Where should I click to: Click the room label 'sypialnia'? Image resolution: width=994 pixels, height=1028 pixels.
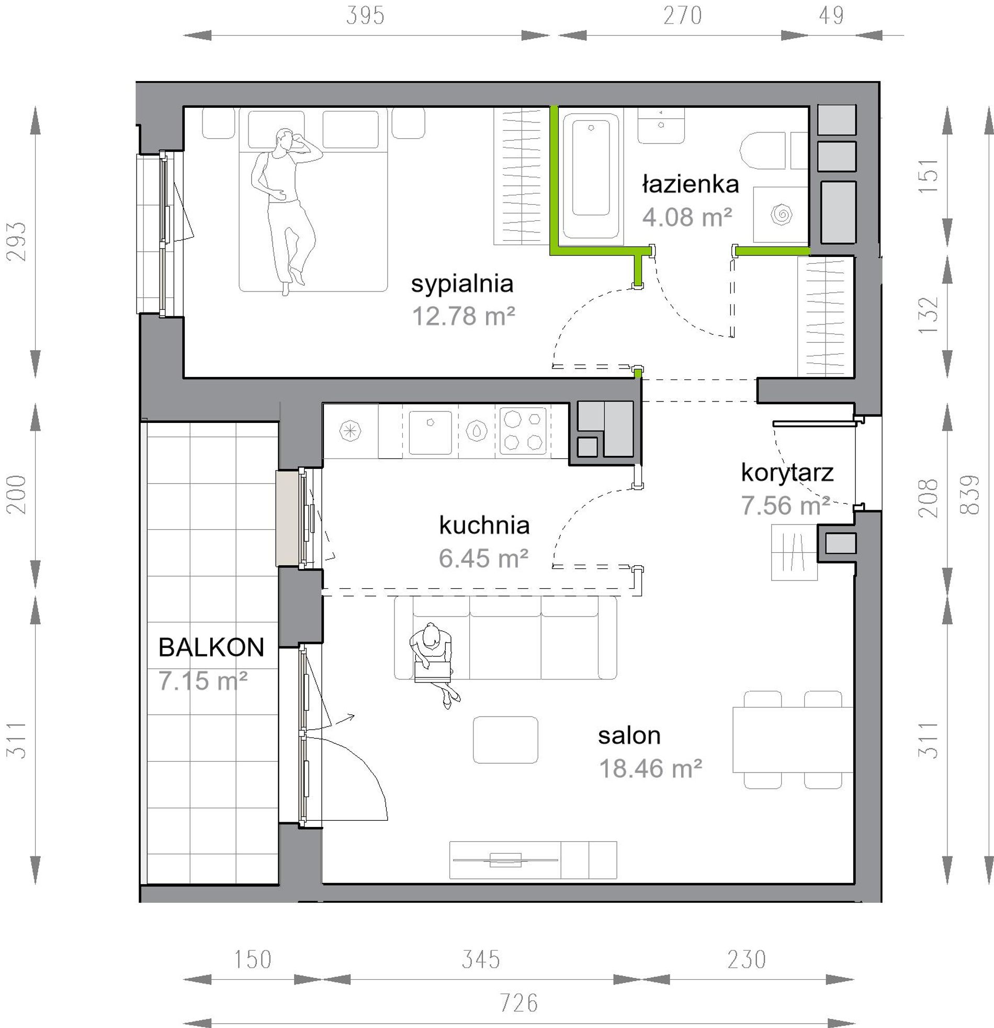tap(462, 284)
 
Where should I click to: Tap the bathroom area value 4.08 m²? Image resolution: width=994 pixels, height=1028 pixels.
tap(687, 217)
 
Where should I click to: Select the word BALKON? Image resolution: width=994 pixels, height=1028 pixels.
tap(211, 648)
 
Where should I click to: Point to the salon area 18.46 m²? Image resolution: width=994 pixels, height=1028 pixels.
tap(650, 769)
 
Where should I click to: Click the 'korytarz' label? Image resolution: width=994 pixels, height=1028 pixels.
tap(787, 473)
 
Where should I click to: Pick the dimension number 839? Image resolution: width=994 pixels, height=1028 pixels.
tap(971, 495)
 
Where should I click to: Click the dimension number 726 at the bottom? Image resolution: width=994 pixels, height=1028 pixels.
tap(518, 1003)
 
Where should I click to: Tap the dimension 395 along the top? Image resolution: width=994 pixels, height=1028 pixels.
tap(365, 16)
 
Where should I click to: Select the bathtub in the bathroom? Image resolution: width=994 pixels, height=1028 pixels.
tap(591, 176)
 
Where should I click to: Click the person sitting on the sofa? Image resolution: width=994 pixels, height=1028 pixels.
tap(433, 664)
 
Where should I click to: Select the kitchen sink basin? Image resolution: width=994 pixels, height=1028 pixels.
tap(430, 433)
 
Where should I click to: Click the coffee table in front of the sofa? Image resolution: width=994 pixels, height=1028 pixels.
tap(505, 740)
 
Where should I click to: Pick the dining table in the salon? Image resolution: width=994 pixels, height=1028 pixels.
tap(793, 740)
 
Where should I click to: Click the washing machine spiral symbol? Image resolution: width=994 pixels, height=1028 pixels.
tap(781, 215)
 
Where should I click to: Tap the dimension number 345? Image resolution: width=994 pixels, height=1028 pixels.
tap(481, 960)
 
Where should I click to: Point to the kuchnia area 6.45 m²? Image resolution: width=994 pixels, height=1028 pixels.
tap(483, 558)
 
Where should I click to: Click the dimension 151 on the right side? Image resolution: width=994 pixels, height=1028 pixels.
tap(929, 176)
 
